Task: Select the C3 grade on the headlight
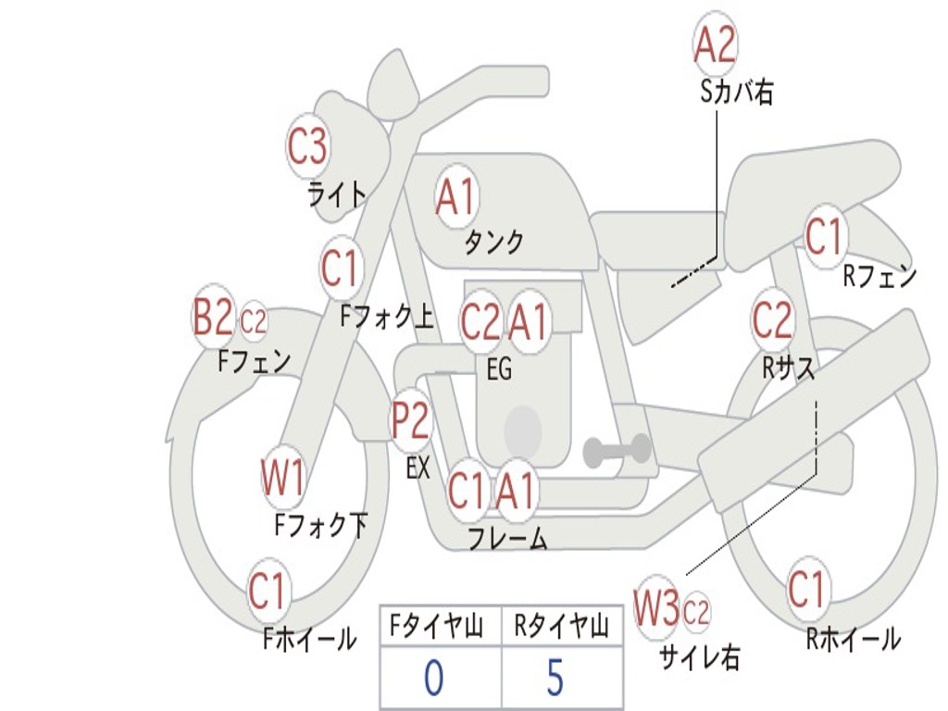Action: tap(307, 146)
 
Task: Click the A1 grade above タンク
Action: tap(455, 197)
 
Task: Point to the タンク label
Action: tap(493, 243)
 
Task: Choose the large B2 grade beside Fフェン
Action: tap(212, 318)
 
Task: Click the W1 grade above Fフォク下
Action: tap(282, 479)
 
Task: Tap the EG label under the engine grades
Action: tap(498, 370)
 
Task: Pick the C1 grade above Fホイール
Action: tap(268, 591)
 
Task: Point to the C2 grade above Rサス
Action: tap(772, 320)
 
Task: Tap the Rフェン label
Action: tap(879, 276)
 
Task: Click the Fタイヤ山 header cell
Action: tap(439, 628)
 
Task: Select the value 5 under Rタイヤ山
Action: tap(555, 679)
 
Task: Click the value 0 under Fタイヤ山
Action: tap(433, 679)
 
